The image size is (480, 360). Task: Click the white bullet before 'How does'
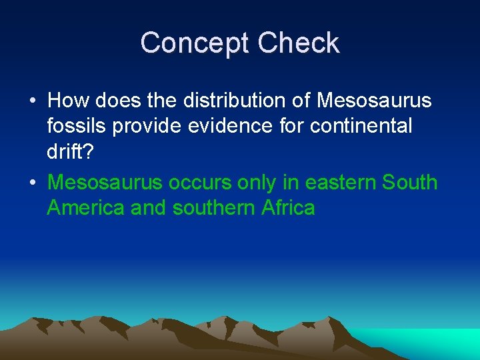pyautogui.click(x=32, y=101)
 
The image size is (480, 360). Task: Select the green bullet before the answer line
pyautogui.click(x=32, y=183)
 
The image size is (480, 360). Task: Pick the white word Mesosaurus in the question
pyautogui.click(x=374, y=101)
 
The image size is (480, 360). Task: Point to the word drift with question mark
pyautogui.click(x=71, y=151)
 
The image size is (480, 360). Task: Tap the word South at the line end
pyautogui.click(x=406, y=182)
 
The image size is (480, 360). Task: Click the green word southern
pyautogui.click(x=213, y=207)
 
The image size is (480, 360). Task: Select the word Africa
pyautogui.click(x=288, y=207)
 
